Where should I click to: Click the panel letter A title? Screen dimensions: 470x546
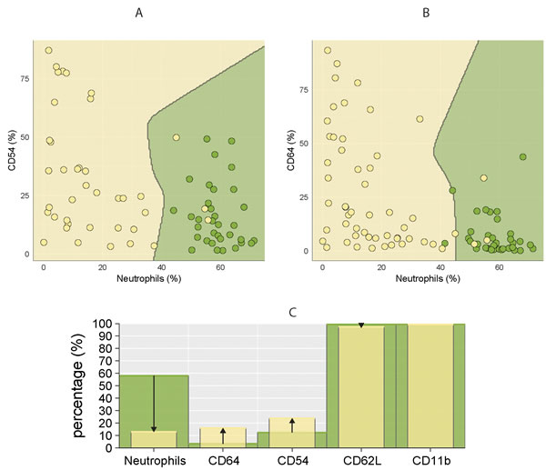(138, 13)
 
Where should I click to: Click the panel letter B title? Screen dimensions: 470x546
(401, 13)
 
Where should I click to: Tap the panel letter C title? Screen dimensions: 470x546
(290, 312)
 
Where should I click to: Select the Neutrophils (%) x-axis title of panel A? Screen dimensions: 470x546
(152, 276)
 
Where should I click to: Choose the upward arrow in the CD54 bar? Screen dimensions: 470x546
(292, 431)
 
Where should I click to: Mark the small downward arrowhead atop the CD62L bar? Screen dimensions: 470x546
(360, 325)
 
